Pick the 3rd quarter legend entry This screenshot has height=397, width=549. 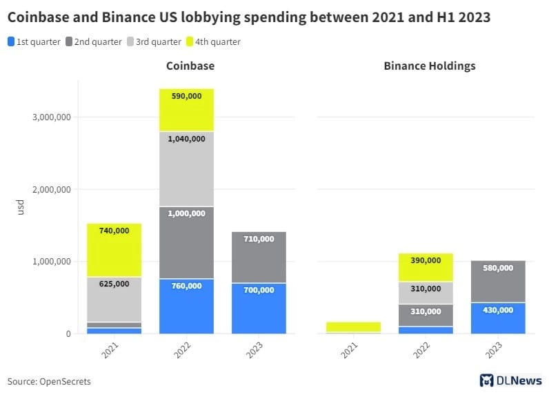(x=153, y=42)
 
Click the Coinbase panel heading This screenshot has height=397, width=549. (x=190, y=66)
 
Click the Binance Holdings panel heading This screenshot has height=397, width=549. (x=429, y=66)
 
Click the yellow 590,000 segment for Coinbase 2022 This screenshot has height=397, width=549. (x=186, y=110)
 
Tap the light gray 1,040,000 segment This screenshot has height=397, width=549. (x=186, y=168)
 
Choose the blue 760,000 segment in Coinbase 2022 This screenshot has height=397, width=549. (x=186, y=306)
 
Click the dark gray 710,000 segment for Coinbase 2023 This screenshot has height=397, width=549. (x=259, y=257)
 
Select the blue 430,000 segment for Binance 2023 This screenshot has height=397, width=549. (x=498, y=318)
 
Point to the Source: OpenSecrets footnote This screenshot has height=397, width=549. (x=49, y=381)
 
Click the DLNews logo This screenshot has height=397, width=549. (x=510, y=380)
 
